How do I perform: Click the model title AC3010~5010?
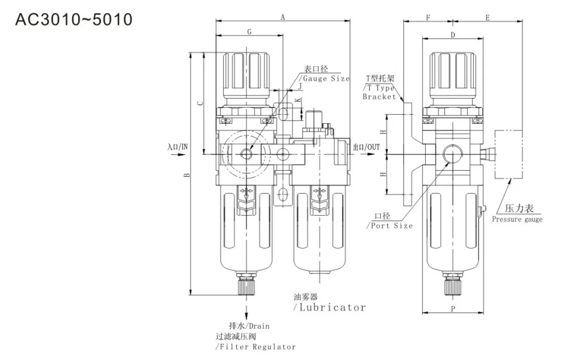pyautogui.click(x=73, y=19)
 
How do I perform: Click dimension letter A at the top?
pyautogui.click(x=283, y=17)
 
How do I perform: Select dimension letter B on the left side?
pyautogui.click(x=187, y=175)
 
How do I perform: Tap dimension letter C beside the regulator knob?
pyautogui.click(x=201, y=103)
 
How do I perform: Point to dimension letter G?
pyautogui.click(x=249, y=31)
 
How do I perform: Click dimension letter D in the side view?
pyautogui.click(x=452, y=35)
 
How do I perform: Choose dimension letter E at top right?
pyautogui.click(x=487, y=18)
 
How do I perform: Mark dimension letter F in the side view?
pyautogui.click(x=427, y=18)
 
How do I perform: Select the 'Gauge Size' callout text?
pyautogui.click(x=325, y=78)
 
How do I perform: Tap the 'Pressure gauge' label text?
pyautogui.click(x=517, y=219)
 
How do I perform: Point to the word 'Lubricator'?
pyautogui.click(x=329, y=307)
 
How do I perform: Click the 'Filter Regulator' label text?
pyautogui.click(x=256, y=347)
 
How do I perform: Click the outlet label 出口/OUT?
pyautogui.click(x=366, y=146)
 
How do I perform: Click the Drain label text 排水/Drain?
pyautogui.click(x=249, y=326)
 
